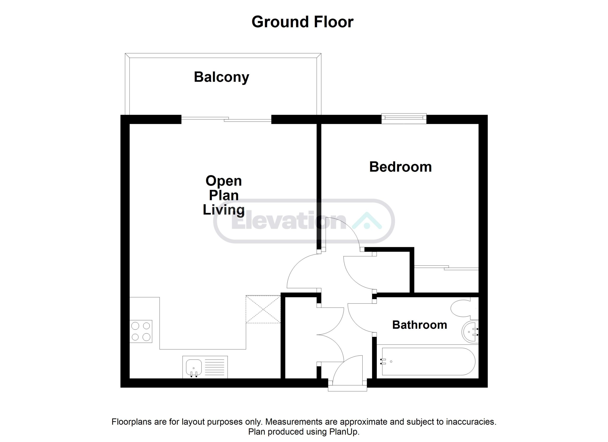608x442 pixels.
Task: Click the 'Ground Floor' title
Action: tap(302, 22)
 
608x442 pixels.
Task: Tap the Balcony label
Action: tap(221, 77)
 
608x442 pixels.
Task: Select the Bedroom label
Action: tap(400, 167)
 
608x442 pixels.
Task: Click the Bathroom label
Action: tap(419, 325)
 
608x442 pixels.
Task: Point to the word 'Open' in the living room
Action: tap(223, 181)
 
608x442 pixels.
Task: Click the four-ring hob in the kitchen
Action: tap(141, 331)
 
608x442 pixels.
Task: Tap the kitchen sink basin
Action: tap(194, 367)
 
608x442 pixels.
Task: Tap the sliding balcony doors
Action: tap(226, 119)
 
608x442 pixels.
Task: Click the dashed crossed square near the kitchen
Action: tap(263, 309)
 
